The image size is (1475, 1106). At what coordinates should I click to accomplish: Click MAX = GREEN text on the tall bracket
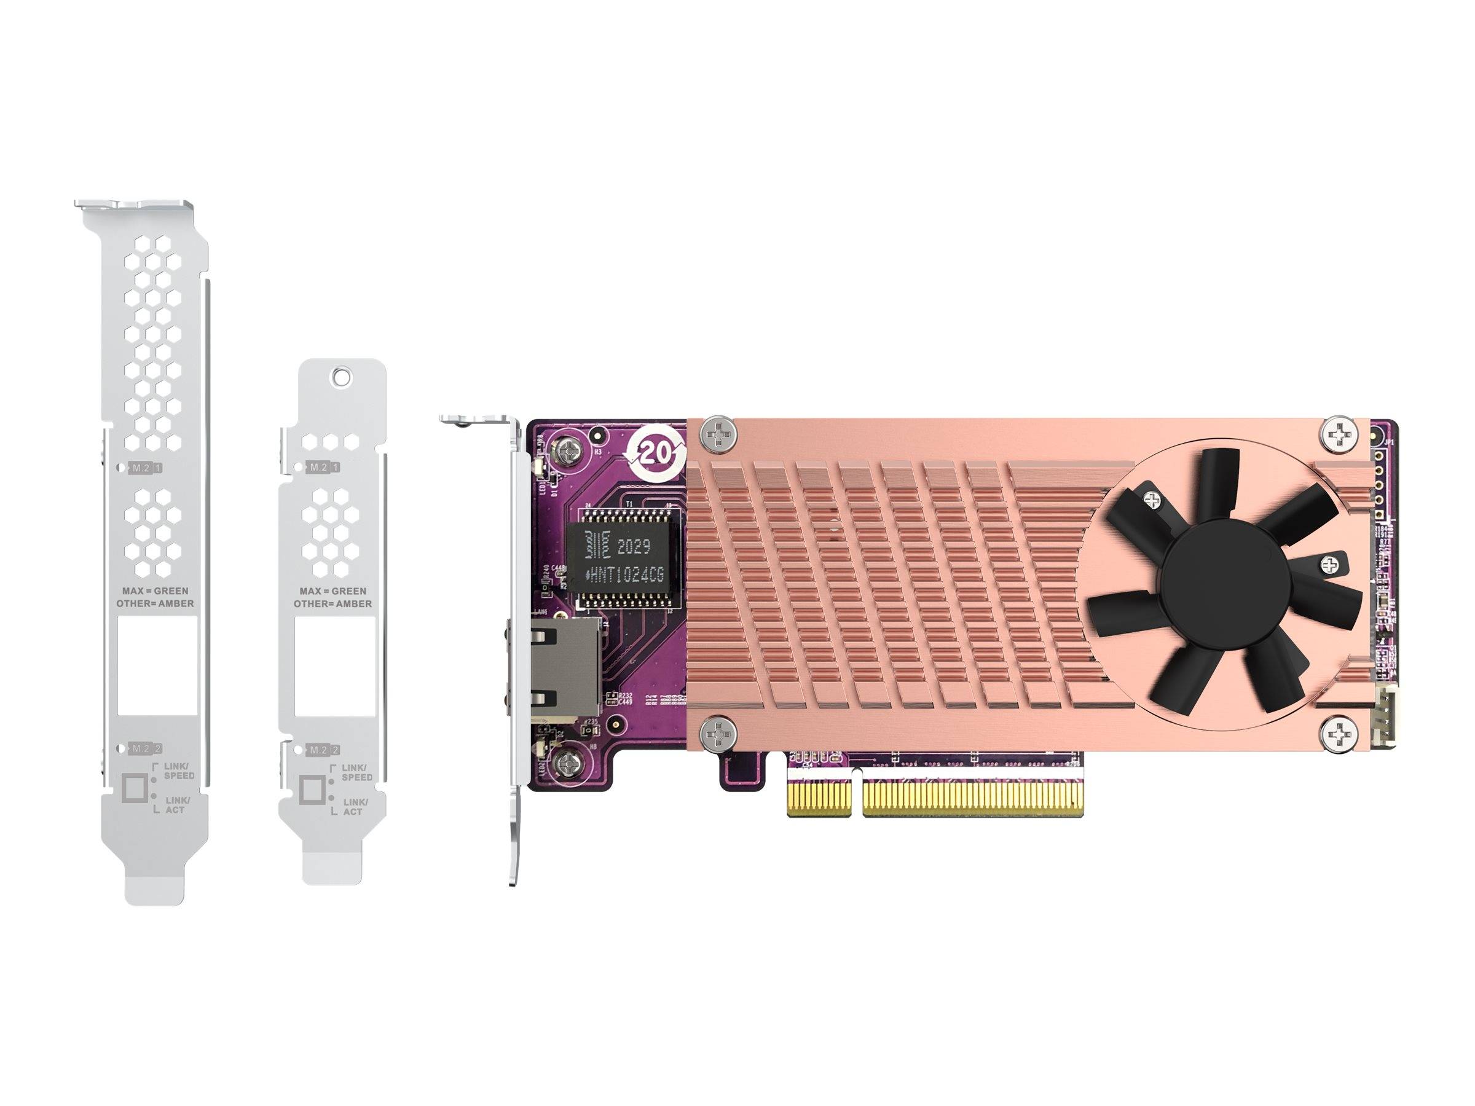click(155, 590)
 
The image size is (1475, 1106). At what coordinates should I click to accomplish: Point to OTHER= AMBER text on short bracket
click(332, 604)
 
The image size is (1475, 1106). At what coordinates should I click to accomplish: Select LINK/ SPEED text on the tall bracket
click(179, 771)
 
